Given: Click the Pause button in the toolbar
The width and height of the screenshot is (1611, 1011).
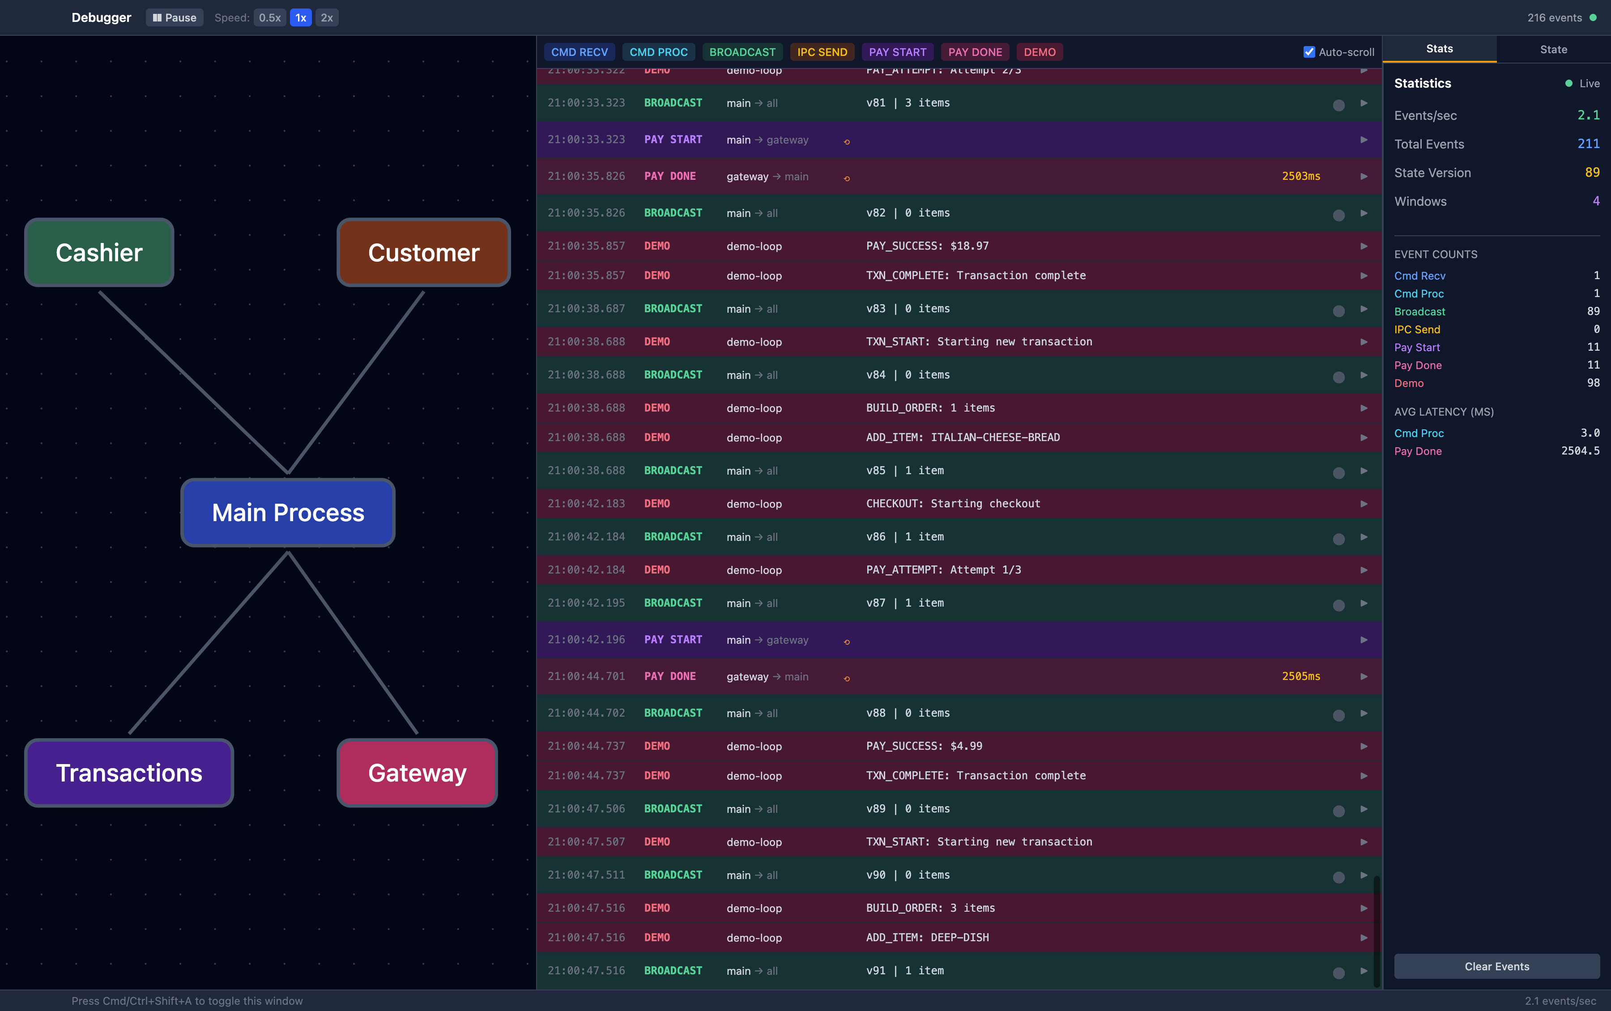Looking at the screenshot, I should click(174, 17).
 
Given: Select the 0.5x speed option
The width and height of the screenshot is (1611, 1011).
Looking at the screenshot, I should click(269, 17).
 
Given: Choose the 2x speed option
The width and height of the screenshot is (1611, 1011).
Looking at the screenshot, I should click(326, 17).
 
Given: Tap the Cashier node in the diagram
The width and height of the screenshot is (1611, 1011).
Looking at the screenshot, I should click(99, 253).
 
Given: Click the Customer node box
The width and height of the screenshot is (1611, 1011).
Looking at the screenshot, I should click(423, 253).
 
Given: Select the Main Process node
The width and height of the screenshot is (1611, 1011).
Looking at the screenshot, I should click(288, 513).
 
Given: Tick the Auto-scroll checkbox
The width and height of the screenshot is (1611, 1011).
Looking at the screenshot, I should click(1309, 52).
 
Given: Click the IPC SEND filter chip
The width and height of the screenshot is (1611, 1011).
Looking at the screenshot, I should click(822, 52).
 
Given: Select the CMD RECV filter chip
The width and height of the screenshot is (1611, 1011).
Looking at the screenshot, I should click(579, 52).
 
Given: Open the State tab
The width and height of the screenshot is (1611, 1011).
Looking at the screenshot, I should click(1553, 50).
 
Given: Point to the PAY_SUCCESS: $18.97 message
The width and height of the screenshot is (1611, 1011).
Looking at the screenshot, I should click(927, 246).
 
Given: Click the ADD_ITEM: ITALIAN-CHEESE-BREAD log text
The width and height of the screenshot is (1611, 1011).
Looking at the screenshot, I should click(962, 438).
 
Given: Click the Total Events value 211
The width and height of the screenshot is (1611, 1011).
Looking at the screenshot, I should click(1588, 144).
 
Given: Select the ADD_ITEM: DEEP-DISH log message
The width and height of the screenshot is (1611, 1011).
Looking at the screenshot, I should click(927, 938).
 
